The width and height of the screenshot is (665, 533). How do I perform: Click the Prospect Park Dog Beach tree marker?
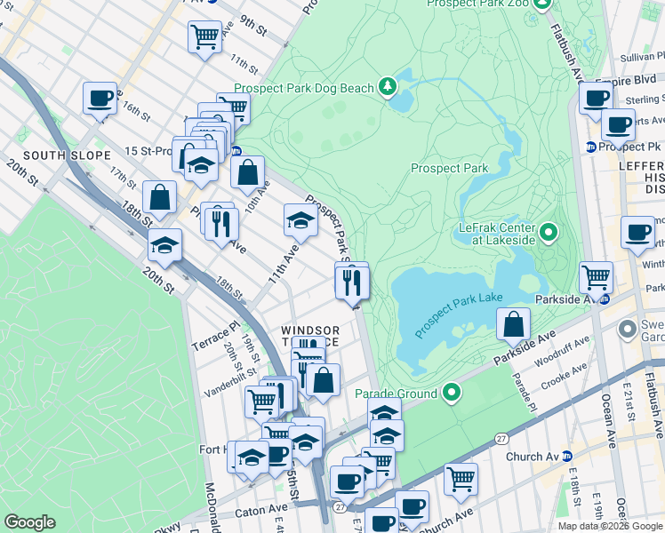coord(388,87)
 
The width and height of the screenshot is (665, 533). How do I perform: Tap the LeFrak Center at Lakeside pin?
coord(549,234)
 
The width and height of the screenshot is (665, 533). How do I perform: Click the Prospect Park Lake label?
coord(459,315)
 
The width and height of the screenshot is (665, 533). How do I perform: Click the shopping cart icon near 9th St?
coord(204,36)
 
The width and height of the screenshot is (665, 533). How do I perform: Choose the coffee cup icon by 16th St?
coord(100,97)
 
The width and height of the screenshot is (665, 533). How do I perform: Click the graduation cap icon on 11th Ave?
coord(300,220)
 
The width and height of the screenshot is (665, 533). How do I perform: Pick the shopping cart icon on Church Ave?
coord(461,479)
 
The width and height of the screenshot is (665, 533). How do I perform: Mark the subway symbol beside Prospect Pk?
coord(590,147)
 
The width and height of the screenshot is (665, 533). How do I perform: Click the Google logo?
coord(29,522)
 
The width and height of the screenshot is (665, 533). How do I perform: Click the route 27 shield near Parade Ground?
coord(501,438)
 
